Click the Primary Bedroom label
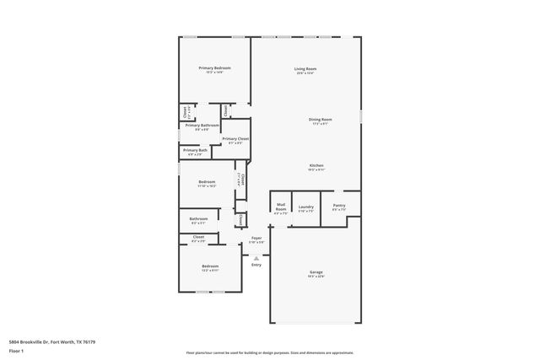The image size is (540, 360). [x=214, y=67]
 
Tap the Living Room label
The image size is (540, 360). [x=305, y=68]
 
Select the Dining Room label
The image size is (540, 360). [x=320, y=120]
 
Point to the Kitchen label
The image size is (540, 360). [x=316, y=165]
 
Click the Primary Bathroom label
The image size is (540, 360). [x=207, y=126]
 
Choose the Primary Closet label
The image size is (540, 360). [x=235, y=138]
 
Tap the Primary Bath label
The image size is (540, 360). [x=195, y=151]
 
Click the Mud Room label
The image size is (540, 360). [x=281, y=208]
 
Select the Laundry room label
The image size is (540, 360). [x=305, y=207]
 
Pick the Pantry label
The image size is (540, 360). [x=338, y=206]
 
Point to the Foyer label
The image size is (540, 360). [x=256, y=239]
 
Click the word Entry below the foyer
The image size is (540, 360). [x=256, y=265]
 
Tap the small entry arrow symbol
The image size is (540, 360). [x=256, y=256]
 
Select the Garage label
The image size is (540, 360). [x=316, y=271]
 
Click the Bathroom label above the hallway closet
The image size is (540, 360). [x=198, y=219]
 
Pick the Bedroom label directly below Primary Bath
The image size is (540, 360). [x=207, y=182]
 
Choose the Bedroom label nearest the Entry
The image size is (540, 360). [x=210, y=267]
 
